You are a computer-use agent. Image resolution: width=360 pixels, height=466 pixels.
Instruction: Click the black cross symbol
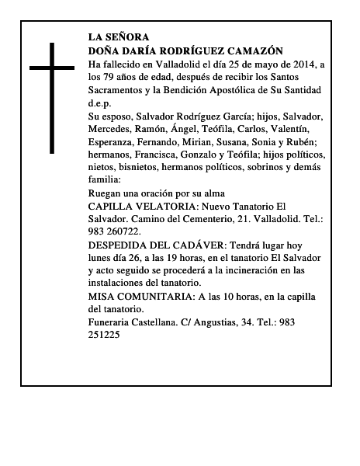pos(51,96)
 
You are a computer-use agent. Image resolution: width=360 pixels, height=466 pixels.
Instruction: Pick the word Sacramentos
pos(120,89)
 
